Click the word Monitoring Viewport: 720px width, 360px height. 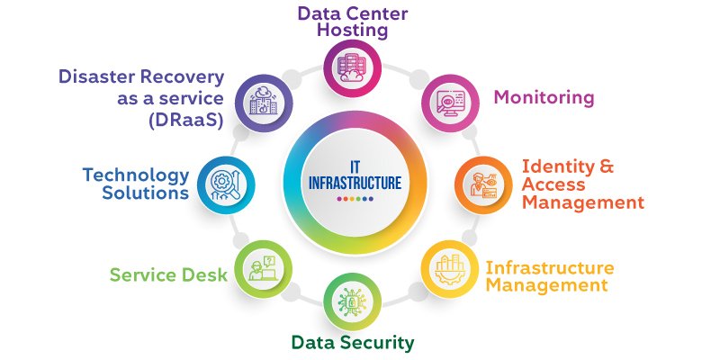[x=545, y=96]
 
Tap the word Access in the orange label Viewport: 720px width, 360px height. [x=553, y=185]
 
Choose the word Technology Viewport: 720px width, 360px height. [x=136, y=175]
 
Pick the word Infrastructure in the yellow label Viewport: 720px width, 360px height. [x=550, y=268]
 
